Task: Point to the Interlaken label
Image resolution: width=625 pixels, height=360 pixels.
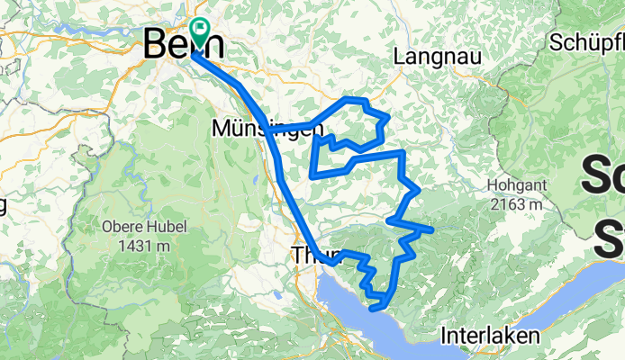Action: [491, 336]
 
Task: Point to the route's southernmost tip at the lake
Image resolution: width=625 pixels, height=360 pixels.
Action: [374, 309]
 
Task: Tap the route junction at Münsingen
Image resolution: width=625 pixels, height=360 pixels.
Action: [268, 130]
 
